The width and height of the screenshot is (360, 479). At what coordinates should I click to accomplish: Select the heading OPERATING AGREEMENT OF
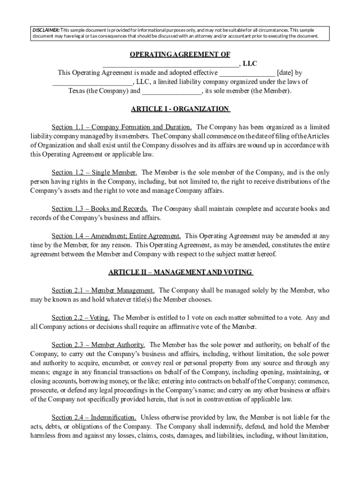click(x=180, y=55)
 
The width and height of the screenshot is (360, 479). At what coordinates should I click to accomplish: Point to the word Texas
click(x=77, y=91)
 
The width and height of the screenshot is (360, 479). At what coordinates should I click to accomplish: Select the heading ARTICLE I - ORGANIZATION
click(x=180, y=109)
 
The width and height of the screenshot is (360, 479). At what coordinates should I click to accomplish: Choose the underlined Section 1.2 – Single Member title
click(x=94, y=173)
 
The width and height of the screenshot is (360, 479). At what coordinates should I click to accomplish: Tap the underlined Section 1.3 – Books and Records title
click(x=100, y=209)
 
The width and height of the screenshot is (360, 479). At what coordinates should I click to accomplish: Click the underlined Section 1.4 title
click(x=116, y=236)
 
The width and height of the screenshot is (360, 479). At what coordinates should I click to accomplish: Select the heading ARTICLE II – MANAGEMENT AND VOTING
click(x=180, y=272)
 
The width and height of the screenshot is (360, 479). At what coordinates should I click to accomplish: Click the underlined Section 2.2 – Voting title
click(x=80, y=318)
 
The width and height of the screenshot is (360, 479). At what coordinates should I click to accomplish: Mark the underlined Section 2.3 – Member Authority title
click(x=98, y=345)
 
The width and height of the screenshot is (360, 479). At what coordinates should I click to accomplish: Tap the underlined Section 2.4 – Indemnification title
click(x=94, y=417)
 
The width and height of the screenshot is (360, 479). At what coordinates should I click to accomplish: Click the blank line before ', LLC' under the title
click(x=171, y=64)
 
